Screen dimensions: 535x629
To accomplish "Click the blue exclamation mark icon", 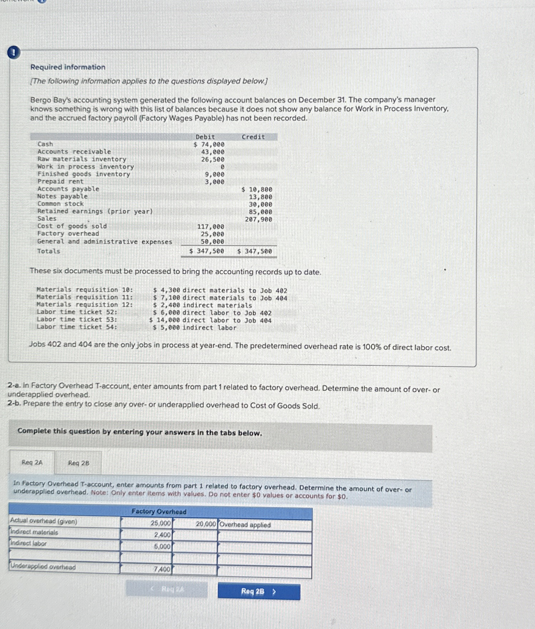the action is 13,53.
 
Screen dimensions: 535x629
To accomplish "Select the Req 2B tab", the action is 78,463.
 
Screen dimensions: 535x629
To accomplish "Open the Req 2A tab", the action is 32,462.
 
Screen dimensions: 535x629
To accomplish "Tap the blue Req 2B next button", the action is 259,591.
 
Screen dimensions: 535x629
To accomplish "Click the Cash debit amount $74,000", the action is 209,144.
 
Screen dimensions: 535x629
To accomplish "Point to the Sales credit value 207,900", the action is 258,219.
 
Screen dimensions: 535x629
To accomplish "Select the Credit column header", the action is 253,137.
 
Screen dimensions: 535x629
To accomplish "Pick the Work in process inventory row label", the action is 86,166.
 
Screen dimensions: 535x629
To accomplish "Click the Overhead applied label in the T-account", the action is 245,525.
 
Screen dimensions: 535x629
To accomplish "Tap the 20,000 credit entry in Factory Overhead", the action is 206,524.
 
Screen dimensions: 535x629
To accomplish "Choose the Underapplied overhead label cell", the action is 43,567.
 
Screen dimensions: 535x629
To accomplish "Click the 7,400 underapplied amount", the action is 162,569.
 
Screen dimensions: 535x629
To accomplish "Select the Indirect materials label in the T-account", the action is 34,532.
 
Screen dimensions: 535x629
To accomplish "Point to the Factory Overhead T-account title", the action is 159,511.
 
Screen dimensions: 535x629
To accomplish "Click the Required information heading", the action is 68,67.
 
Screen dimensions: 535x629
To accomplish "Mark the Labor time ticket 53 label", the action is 77,319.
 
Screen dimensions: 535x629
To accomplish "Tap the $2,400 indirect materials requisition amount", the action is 167,305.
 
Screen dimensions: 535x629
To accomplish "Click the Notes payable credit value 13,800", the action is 260,197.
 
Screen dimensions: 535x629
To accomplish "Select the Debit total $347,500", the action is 207,251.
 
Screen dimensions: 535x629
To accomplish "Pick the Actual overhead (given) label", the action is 44,521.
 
